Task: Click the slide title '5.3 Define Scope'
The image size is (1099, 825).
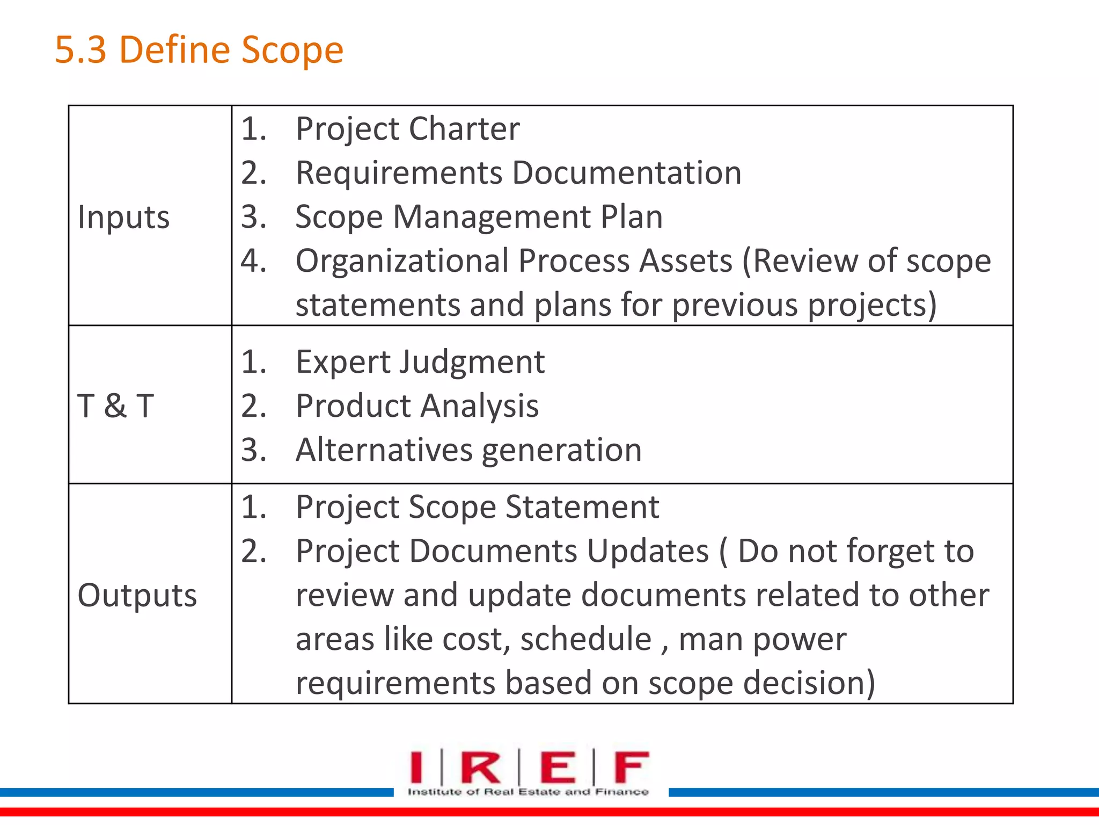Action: click(x=199, y=50)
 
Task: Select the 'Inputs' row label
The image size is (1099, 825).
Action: click(x=123, y=218)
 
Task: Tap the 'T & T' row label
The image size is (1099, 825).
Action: click(x=116, y=406)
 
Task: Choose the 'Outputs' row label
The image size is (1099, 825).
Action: click(x=137, y=595)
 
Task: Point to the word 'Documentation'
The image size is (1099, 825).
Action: click(x=626, y=173)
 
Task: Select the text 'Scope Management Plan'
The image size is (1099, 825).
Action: click(x=479, y=217)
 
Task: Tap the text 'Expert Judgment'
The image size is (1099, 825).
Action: click(x=420, y=361)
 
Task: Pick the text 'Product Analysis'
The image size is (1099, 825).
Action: click(x=417, y=406)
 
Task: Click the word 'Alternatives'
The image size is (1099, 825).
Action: click(x=384, y=450)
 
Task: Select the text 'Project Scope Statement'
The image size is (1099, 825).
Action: click(x=477, y=507)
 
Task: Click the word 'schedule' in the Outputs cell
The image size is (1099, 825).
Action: click(x=585, y=639)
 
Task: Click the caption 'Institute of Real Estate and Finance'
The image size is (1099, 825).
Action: click(x=528, y=792)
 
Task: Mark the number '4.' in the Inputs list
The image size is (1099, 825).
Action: click(x=253, y=261)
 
